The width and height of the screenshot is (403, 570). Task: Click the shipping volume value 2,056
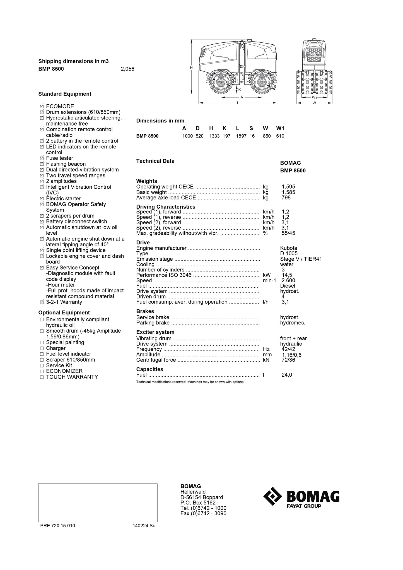[127, 69]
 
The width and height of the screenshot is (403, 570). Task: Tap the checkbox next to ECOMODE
[42, 106]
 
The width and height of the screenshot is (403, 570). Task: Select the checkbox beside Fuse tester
[42, 158]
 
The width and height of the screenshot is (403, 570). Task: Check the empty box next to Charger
[42, 348]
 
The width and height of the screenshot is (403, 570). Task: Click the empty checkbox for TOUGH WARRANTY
[42, 377]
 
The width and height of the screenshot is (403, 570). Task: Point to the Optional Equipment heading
[64, 312]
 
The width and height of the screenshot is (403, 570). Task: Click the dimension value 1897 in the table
[241, 136]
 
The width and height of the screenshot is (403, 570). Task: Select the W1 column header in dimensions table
[280, 128]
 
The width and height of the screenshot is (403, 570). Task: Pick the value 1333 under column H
[214, 136]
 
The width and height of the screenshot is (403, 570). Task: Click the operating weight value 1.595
[288, 187]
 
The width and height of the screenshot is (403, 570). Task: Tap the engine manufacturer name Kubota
[289, 248]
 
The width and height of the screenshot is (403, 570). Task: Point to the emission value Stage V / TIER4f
[300, 259]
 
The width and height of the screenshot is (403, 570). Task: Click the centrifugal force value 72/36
[288, 360]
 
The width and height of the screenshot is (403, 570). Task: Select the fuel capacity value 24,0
[287, 375]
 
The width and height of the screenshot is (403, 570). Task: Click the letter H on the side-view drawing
[191, 68]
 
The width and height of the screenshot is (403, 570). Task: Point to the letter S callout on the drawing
[274, 87]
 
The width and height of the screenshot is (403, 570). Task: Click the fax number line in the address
[203, 513]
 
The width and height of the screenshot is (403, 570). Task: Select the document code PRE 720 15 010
[58, 526]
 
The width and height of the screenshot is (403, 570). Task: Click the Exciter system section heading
[155, 332]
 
